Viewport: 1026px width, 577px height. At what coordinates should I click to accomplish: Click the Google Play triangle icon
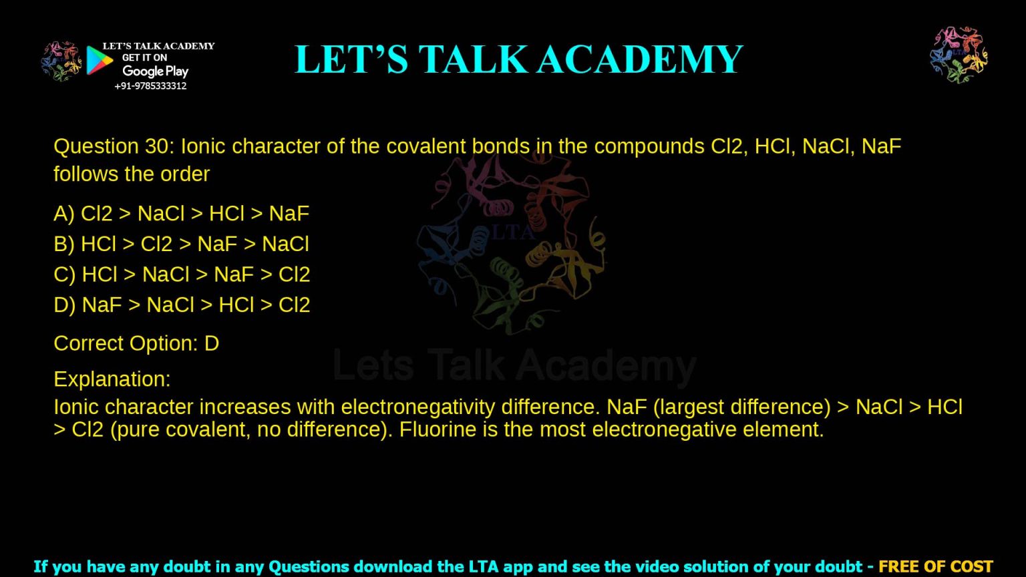[x=99, y=60]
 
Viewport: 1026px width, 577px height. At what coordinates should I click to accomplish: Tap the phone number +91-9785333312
[x=150, y=86]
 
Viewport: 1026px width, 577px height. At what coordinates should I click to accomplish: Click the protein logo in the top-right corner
[x=959, y=55]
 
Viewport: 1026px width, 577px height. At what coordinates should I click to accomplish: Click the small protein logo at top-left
[x=61, y=61]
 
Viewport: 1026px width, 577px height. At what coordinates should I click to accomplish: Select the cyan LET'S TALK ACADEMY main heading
[x=518, y=59]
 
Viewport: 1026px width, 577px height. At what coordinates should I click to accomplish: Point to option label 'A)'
[x=64, y=214]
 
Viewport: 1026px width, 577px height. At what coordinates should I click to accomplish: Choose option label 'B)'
[x=64, y=244]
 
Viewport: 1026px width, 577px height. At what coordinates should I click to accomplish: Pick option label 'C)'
[x=65, y=274]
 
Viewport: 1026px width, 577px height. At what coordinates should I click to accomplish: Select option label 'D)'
[x=65, y=305]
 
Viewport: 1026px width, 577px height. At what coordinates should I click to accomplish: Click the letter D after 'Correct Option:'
[x=212, y=343]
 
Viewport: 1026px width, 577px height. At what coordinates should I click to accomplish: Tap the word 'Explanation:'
[x=112, y=379]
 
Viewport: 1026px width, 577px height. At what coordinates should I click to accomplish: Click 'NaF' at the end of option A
[x=289, y=214]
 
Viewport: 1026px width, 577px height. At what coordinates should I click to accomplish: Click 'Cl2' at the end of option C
[x=294, y=274]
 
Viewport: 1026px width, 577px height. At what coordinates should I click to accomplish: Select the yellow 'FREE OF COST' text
[x=935, y=567]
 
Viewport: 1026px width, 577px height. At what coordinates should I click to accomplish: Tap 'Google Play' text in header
[x=155, y=71]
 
